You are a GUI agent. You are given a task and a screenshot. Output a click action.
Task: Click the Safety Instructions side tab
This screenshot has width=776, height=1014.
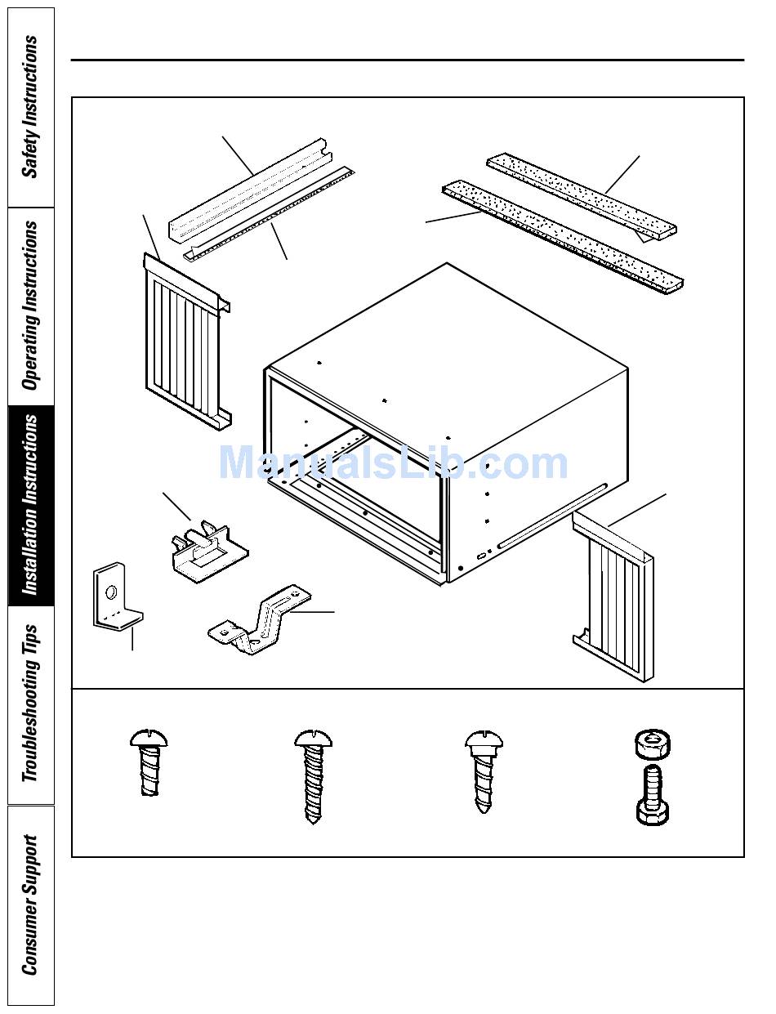(31, 107)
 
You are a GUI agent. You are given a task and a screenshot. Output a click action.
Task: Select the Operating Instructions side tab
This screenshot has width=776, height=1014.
(31, 306)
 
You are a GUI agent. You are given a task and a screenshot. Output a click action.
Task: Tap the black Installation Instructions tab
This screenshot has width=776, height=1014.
(31, 506)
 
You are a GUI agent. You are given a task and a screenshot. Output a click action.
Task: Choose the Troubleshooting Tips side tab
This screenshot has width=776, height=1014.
(31, 704)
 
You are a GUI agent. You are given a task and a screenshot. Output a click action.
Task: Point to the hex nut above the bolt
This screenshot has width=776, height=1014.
(652, 743)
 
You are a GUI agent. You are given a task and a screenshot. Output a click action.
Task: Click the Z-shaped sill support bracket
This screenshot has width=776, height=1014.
(260, 619)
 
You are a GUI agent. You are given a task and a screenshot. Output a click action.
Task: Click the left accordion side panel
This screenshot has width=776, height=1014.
(185, 342)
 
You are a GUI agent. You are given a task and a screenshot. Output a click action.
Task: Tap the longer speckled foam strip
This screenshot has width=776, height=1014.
(563, 237)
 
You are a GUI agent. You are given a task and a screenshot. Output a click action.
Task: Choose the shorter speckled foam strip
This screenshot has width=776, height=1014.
(582, 196)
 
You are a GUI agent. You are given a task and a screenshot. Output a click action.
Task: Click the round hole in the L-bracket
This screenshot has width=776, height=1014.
(111, 592)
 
